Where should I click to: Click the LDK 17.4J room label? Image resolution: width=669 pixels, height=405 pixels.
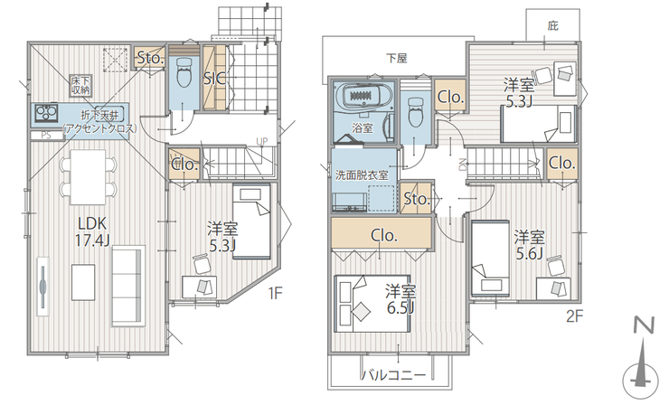(x=92, y=231)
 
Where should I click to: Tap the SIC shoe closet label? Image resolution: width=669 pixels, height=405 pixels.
(x=214, y=79)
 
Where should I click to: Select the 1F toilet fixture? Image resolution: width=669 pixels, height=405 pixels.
(x=184, y=72)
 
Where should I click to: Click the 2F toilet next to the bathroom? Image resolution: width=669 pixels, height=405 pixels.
(x=414, y=112)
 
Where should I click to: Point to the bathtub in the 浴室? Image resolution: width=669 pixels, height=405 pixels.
(x=364, y=95)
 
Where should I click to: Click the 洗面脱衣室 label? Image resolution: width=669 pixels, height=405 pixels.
(x=362, y=175)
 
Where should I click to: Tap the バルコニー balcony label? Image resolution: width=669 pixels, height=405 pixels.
(x=394, y=375)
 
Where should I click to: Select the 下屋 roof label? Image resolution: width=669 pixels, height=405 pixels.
(x=397, y=58)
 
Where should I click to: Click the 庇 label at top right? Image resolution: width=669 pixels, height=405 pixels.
(x=553, y=26)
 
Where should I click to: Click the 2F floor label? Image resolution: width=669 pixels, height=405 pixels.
(x=574, y=316)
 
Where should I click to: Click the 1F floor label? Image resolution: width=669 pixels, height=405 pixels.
(x=275, y=293)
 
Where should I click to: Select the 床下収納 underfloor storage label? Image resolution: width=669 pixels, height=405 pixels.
(x=80, y=85)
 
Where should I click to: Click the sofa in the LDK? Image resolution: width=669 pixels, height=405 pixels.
(x=127, y=286)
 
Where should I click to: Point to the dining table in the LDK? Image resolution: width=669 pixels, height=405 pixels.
(x=88, y=176)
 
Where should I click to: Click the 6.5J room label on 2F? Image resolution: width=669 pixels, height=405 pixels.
(x=400, y=299)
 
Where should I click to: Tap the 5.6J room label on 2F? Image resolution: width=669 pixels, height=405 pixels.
(x=529, y=245)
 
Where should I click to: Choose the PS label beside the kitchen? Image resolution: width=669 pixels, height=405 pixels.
(x=46, y=136)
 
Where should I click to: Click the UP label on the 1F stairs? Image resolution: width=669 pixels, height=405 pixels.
(x=261, y=142)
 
